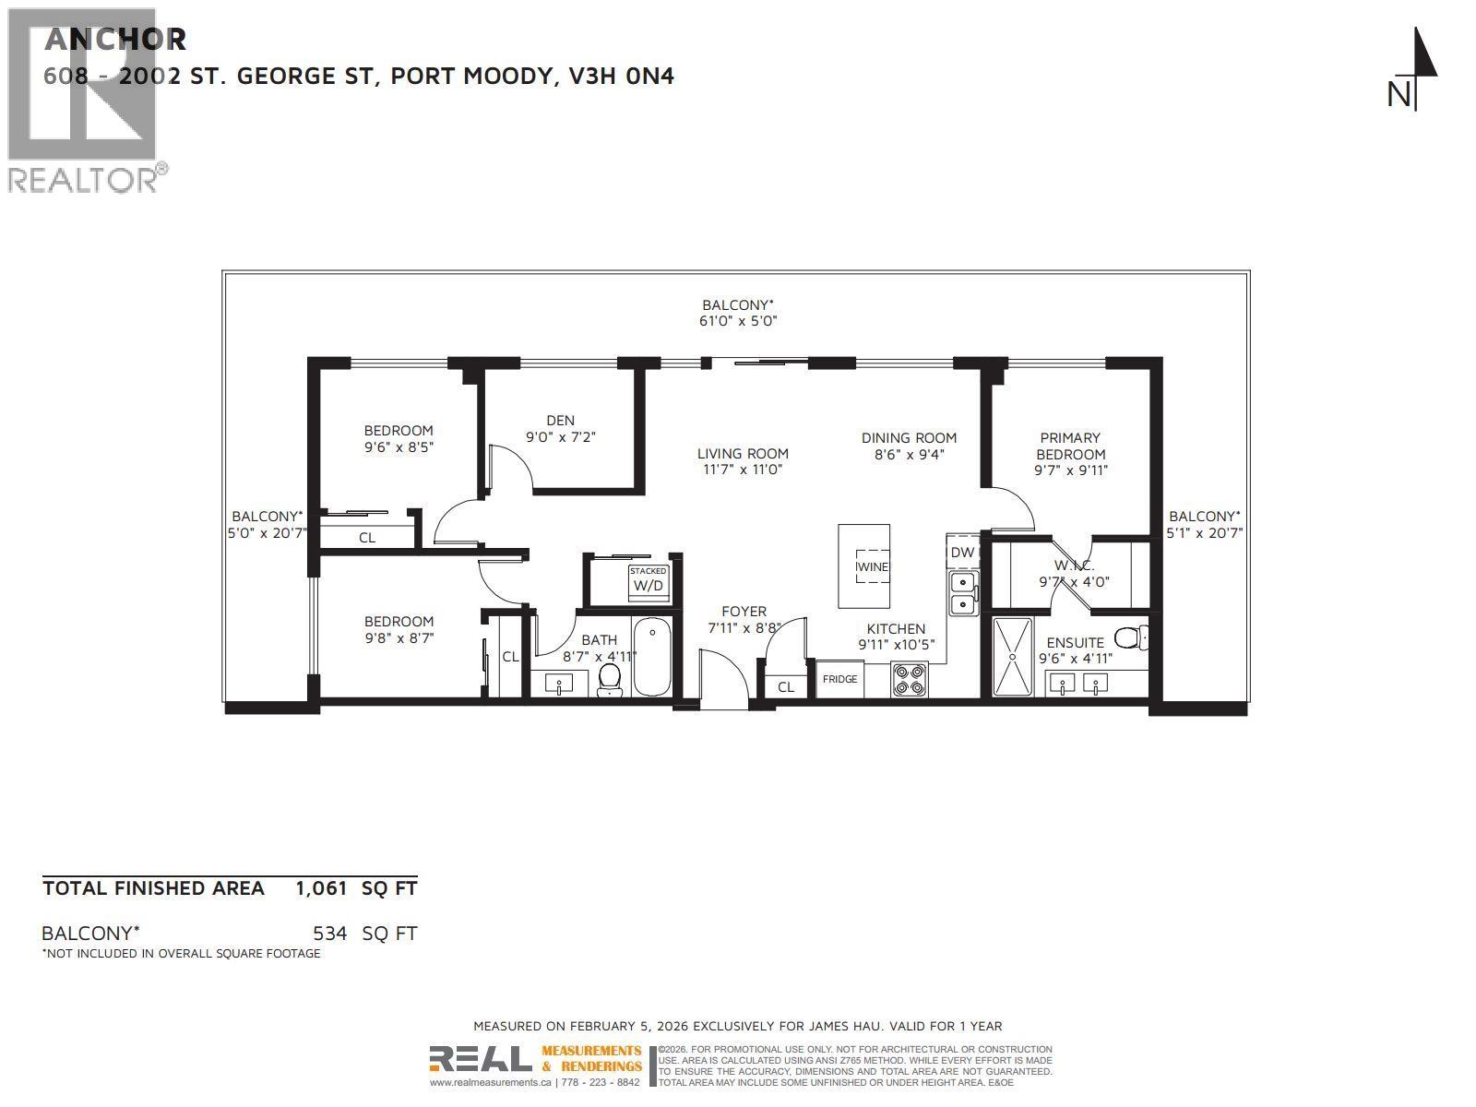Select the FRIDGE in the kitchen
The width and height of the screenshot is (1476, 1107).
pyautogui.click(x=839, y=679)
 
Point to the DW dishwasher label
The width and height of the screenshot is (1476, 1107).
pyautogui.click(x=962, y=553)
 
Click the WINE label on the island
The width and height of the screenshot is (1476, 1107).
pyautogui.click(x=872, y=566)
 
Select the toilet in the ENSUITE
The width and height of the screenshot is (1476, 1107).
pyautogui.click(x=1130, y=637)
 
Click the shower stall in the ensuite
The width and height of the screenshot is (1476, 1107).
pyautogui.click(x=1013, y=656)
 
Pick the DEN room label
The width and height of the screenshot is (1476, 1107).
pyautogui.click(x=560, y=421)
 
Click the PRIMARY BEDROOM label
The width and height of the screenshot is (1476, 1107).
pyautogui.click(x=1070, y=446)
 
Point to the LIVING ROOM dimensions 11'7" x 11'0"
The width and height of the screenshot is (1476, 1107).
pyautogui.click(x=743, y=470)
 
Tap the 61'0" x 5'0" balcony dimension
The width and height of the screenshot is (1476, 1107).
pyautogui.click(x=739, y=321)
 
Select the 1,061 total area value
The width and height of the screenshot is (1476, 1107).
pyautogui.click(x=321, y=888)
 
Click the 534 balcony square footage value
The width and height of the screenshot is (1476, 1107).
pyautogui.click(x=329, y=934)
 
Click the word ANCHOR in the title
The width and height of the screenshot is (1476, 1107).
pyautogui.click(x=115, y=40)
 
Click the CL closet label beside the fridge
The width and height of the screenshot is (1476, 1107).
pyautogui.click(x=785, y=687)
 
